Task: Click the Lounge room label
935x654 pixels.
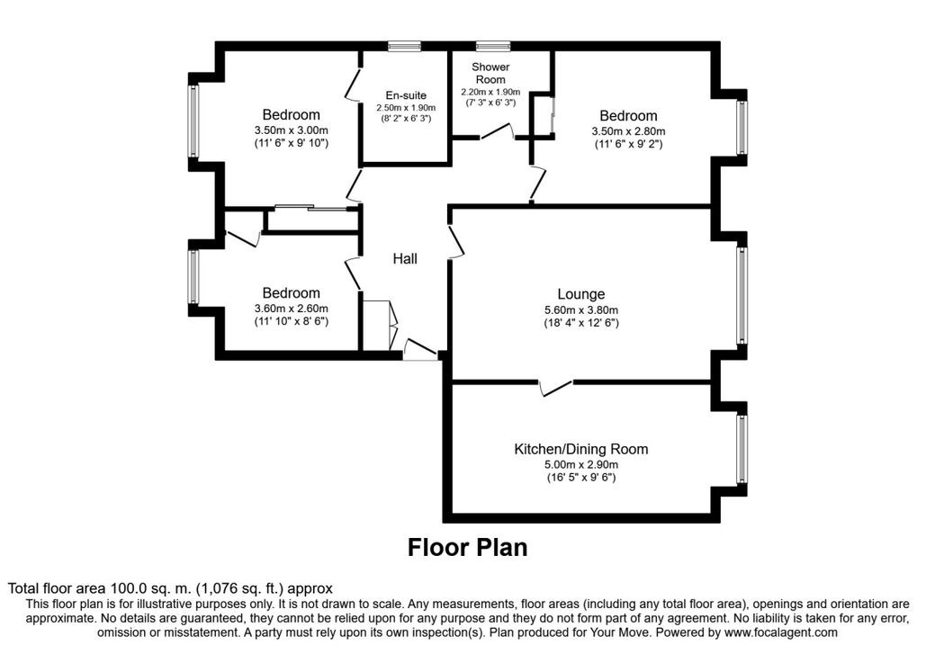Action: (580, 294)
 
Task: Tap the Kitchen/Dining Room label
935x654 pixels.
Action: (580, 449)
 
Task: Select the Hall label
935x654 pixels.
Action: (405, 259)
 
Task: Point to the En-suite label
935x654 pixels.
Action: (406, 95)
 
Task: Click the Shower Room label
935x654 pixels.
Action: (490, 74)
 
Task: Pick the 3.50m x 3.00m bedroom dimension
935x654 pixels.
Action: (291, 130)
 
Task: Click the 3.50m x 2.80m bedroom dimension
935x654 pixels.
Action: (628, 131)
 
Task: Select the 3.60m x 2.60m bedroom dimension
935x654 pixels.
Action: (291, 309)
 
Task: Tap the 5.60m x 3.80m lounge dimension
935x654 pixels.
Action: (580, 310)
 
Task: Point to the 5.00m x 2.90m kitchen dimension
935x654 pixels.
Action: (580, 465)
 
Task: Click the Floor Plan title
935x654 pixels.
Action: (468, 547)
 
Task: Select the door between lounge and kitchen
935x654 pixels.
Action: (556, 388)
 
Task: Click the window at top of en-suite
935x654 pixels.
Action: (404, 46)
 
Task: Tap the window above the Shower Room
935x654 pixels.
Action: (493, 46)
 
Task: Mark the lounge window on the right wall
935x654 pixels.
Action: (742, 295)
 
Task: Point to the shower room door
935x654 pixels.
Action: (498, 131)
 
